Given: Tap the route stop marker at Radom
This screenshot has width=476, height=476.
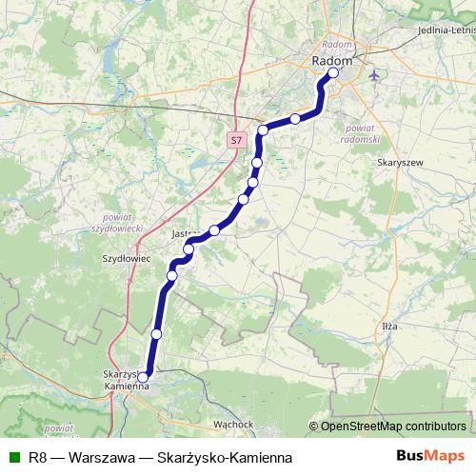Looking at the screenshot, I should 333,72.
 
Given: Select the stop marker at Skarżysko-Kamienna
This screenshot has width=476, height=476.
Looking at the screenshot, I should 143,377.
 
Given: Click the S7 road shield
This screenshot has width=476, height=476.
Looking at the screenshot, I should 237,141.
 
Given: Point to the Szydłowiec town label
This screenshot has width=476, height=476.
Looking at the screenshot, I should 122,257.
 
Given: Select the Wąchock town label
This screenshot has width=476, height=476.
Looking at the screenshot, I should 232,423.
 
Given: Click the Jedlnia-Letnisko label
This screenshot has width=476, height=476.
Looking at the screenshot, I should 446,30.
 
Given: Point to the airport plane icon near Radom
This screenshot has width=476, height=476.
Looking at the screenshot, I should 373,74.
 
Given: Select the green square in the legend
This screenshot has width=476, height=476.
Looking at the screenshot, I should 13,457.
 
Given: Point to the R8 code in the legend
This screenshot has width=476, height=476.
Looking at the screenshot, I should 38,457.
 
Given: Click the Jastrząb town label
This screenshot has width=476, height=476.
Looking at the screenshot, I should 185,232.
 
